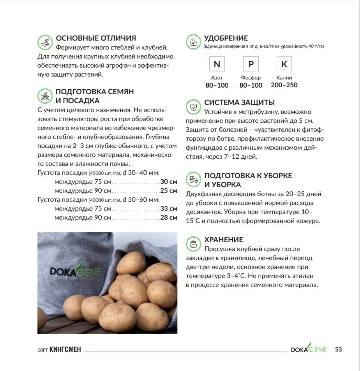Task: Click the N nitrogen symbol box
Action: click(x=217, y=64)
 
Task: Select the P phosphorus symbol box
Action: click(x=251, y=64)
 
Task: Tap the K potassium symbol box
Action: click(x=284, y=64)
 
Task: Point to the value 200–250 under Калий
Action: click(x=284, y=85)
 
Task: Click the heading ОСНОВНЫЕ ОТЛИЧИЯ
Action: click(x=96, y=38)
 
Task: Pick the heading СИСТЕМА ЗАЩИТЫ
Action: click(x=240, y=102)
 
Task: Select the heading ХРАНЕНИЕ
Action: click(x=223, y=240)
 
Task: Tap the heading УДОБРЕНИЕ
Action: click(x=226, y=38)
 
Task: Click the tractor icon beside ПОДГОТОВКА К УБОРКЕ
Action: click(x=193, y=179)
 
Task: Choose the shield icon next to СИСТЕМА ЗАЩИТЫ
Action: click(x=193, y=106)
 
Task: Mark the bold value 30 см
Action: click(x=169, y=182)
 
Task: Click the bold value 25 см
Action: click(x=169, y=191)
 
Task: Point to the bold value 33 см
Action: click(x=169, y=209)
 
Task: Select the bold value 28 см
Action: click(x=169, y=217)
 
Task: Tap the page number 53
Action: click(x=338, y=349)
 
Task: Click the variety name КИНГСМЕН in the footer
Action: click(x=65, y=350)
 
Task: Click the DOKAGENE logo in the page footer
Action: click(x=308, y=349)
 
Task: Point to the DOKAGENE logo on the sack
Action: click(x=75, y=271)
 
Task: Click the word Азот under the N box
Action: click(x=217, y=78)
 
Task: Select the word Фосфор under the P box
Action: click(x=251, y=78)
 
